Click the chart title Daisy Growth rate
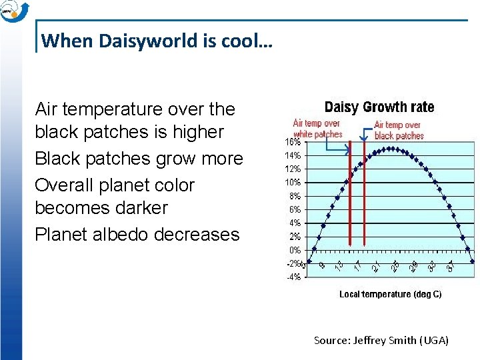(x=379, y=107)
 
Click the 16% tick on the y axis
(x=293, y=142)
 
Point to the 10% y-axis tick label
(x=293, y=183)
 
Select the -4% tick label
(x=293, y=277)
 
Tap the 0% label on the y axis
(x=295, y=250)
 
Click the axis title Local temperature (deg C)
(x=390, y=294)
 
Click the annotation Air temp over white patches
(x=317, y=129)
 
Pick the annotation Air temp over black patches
(x=399, y=130)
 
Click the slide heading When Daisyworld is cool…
(x=157, y=41)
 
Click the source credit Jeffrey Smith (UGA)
(x=381, y=341)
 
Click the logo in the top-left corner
(x=13, y=11)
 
